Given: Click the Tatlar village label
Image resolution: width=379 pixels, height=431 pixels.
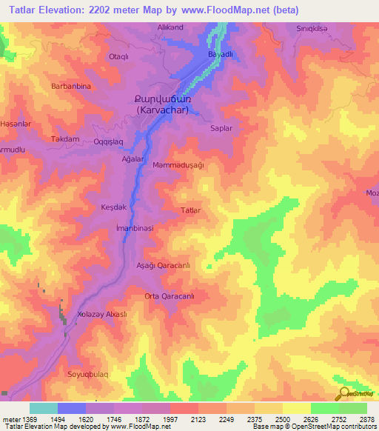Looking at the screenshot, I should [x=191, y=211].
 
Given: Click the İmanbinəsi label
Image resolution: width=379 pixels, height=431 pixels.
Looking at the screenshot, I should [x=135, y=229].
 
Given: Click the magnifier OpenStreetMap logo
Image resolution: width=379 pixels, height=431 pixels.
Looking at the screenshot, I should [x=343, y=394].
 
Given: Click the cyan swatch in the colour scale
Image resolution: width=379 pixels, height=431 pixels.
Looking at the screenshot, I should [x=43, y=408].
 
